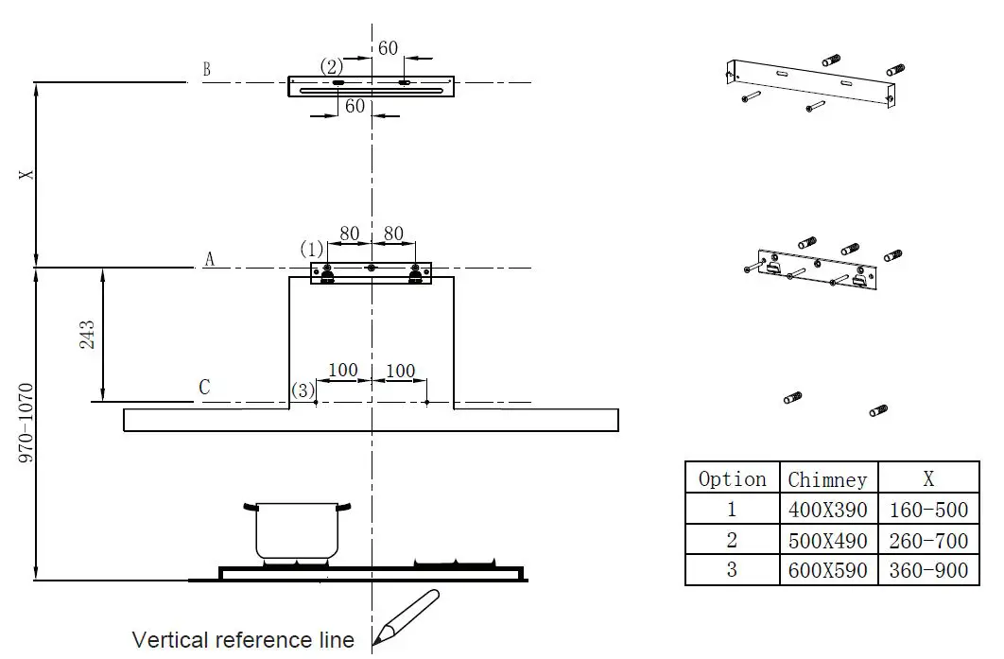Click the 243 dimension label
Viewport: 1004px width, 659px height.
pyautogui.click(x=87, y=335)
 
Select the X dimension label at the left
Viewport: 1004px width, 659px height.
pyautogui.click(x=27, y=175)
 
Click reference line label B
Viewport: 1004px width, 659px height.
pyautogui.click(x=206, y=70)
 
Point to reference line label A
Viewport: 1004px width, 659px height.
pyautogui.click(x=209, y=259)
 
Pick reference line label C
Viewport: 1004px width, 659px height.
pyautogui.click(x=204, y=388)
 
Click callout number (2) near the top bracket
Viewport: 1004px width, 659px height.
pyautogui.click(x=331, y=67)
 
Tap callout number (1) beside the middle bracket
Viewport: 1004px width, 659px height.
pyautogui.click(x=312, y=250)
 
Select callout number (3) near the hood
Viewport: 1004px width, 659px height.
pyautogui.click(x=302, y=390)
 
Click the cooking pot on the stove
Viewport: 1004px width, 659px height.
pyautogui.click(x=298, y=531)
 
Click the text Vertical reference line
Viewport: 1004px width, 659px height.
pyautogui.click(x=243, y=640)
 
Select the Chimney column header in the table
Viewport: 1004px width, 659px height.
pyautogui.click(x=827, y=479)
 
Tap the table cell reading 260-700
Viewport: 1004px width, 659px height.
pyautogui.click(x=928, y=541)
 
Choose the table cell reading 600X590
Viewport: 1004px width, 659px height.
pyautogui.click(x=827, y=571)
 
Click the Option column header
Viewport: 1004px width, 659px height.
pyautogui.click(x=732, y=479)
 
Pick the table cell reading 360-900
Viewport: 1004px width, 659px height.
pyautogui.click(x=928, y=571)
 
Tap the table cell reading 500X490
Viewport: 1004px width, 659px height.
pyautogui.click(x=827, y=541)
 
